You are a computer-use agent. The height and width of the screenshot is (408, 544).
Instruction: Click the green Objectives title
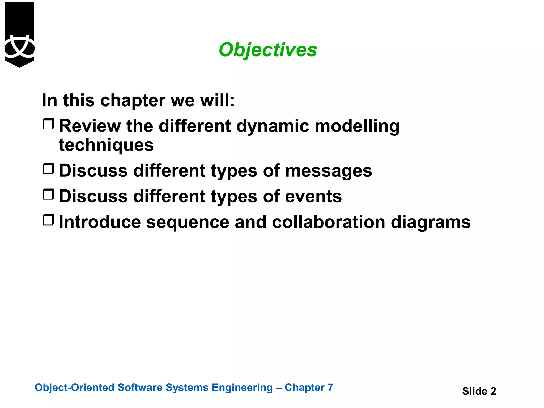[268, 50]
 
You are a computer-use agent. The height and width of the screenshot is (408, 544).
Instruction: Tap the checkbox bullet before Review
[48, 124]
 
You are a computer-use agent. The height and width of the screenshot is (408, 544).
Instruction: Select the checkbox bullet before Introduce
[48, 220]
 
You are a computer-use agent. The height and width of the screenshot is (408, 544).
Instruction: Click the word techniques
[106, 145]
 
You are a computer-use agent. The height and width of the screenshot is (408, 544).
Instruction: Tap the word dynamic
[273, 126]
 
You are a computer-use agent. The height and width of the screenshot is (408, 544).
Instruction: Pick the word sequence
[188, 223]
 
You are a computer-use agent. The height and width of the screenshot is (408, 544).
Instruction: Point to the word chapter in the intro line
[133, 101]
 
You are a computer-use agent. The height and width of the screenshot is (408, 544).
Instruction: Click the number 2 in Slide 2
[493, 391]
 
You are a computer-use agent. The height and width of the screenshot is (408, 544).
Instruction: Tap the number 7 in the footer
[330, 388]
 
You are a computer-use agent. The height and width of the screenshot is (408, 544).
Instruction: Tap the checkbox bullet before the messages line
[48, 169]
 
